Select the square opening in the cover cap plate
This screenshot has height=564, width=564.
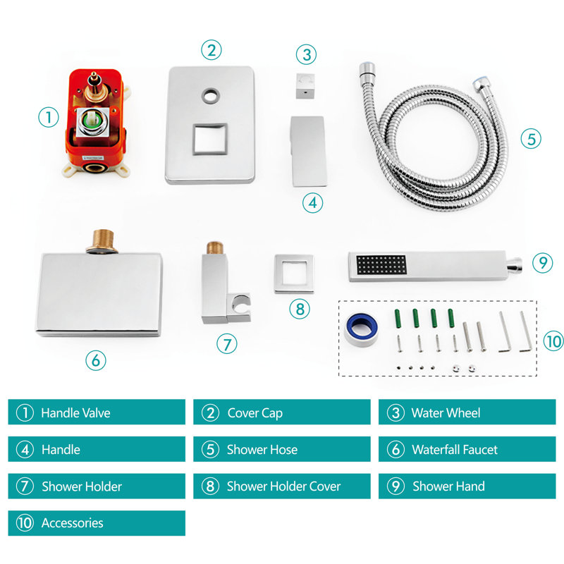pos(210,139)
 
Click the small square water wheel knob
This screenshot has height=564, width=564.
pos(305,86)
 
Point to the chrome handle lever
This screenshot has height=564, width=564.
pos(309,151)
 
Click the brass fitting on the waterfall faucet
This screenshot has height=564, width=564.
pos(102,241)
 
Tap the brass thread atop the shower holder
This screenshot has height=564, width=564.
pos(215,248)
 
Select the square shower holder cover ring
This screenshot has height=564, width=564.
pos(294,274)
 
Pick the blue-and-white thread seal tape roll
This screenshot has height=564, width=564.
pos(361,329)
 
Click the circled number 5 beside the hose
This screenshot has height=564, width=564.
pos(531,139)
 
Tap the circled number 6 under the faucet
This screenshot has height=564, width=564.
pos(96,360)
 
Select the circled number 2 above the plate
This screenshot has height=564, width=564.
pos(211,50)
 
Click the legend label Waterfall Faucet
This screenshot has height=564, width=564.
pos(455,449)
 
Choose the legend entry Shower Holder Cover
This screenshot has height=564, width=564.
pos(283,486)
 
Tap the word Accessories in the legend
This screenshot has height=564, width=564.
pos(73,523)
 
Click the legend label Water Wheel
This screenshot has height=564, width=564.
pos(446,412)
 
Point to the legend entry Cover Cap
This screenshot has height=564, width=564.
pos(255,413)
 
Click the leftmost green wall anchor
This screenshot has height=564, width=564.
pos(398,319)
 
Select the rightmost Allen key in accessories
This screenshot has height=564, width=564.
pos(526,331)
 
